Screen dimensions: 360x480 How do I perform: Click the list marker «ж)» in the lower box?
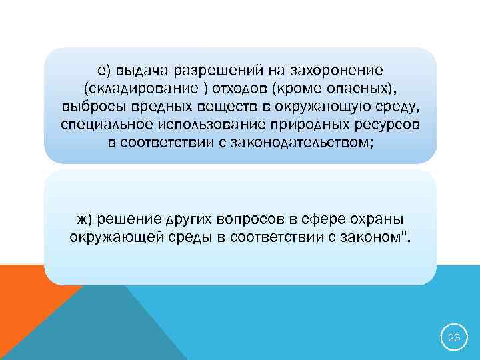[x=85, y=219]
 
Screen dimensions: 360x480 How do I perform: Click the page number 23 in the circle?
[x=454, y=337]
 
